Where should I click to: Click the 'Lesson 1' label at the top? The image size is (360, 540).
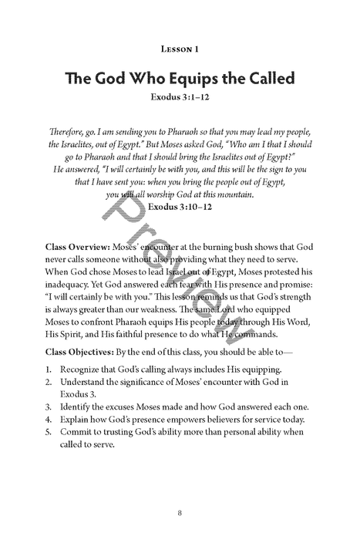pyautogui.click(x=180, y=49)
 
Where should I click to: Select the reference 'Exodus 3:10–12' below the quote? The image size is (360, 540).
pyautogui.click(x=180, y=208)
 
